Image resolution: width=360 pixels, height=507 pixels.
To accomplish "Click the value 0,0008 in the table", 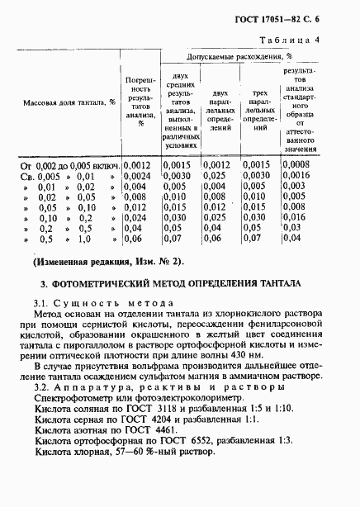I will coord(297,164).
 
